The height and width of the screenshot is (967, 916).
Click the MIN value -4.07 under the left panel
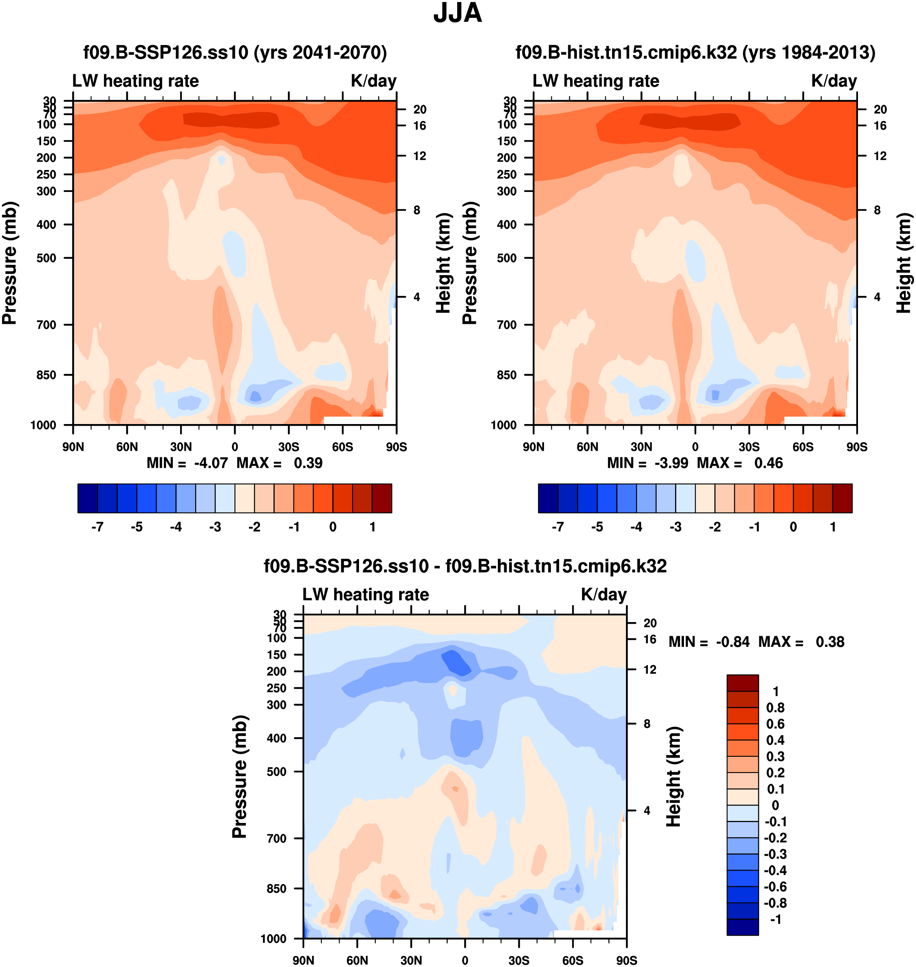click(211, 463)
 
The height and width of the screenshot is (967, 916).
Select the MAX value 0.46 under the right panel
click(769, 463)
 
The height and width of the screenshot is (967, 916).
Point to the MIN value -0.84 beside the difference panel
click(733, 642)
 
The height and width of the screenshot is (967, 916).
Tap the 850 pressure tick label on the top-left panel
click(46, 375)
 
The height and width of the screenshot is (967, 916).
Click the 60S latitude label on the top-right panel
click(803, 447)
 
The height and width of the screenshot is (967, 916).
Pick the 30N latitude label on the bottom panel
click(411, 960)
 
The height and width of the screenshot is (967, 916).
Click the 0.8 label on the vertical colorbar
click(775, 708)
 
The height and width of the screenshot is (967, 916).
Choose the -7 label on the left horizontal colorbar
click(98, 527)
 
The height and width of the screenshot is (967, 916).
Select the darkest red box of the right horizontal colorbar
click(842, 498)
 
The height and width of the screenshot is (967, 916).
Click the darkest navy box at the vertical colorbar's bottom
click(742, 927)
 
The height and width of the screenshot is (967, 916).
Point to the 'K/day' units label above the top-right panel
click(834, 81)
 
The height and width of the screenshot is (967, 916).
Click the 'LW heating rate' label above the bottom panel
click(366, 594)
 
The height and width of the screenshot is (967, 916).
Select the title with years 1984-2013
click(695, 52)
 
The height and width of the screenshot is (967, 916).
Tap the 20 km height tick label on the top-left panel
click(420, 110)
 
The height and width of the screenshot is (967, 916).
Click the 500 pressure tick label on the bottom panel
click(276, 772)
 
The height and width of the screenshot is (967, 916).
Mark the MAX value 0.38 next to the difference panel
click(830, 642)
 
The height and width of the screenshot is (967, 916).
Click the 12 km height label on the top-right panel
click(880, 156)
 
